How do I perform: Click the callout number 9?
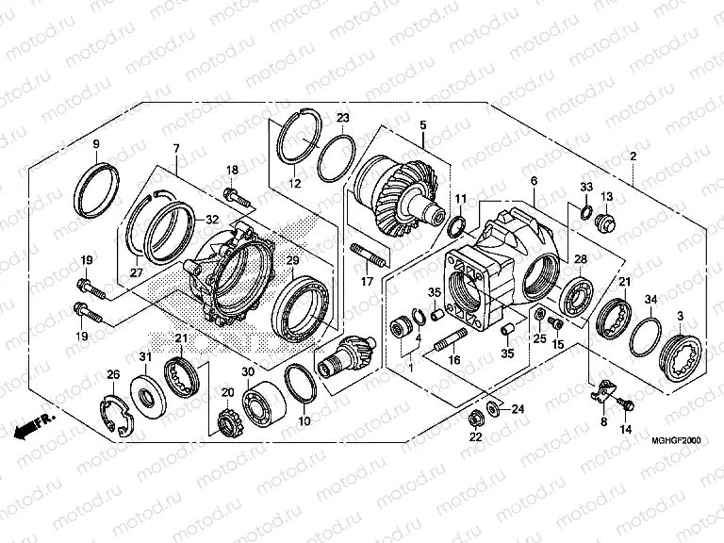pos(95,143)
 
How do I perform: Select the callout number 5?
pos(422,125)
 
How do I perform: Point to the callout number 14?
pos(626,429)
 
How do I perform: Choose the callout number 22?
pos(474,437)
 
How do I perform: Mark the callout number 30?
pos(248,371)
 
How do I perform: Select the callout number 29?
pos(292,260)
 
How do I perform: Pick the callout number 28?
pos(581,259)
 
